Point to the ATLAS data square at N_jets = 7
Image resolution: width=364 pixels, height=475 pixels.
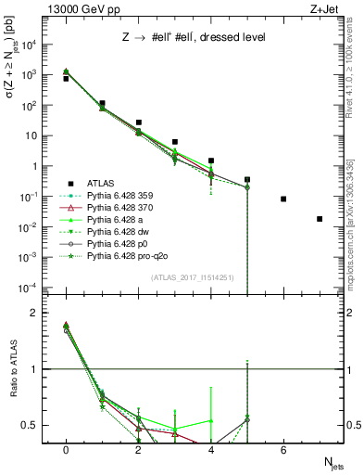pyautogui.click(x=320, y=219)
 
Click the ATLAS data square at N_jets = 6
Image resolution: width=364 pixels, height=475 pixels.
pyautogui.click(x=283, y=199)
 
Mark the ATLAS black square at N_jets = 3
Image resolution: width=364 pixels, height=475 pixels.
pyautogui.click(x=175, y=142)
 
